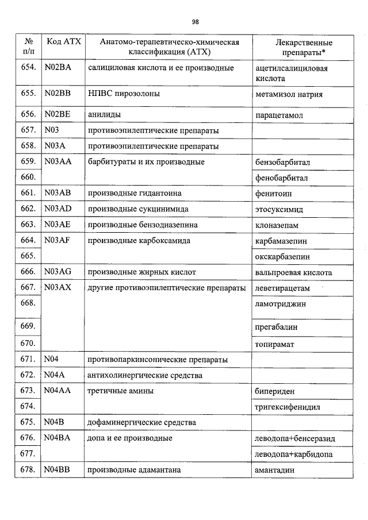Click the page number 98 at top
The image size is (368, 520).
[x=195, y=22]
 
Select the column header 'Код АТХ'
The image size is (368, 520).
[x=63, y=42]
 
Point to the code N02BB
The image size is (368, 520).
[x=57, y=94]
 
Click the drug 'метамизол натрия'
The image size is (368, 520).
[x=289, y=94]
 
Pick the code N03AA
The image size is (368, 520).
[x=57, y=162]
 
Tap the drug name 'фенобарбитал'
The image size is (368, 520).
[x=282, y=178]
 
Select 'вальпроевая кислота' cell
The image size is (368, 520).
[x=293, y=272]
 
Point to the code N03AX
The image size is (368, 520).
[x=57, y=287]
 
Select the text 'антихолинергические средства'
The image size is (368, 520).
[x=144, y=375]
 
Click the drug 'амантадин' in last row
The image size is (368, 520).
[x=275, y=470]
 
